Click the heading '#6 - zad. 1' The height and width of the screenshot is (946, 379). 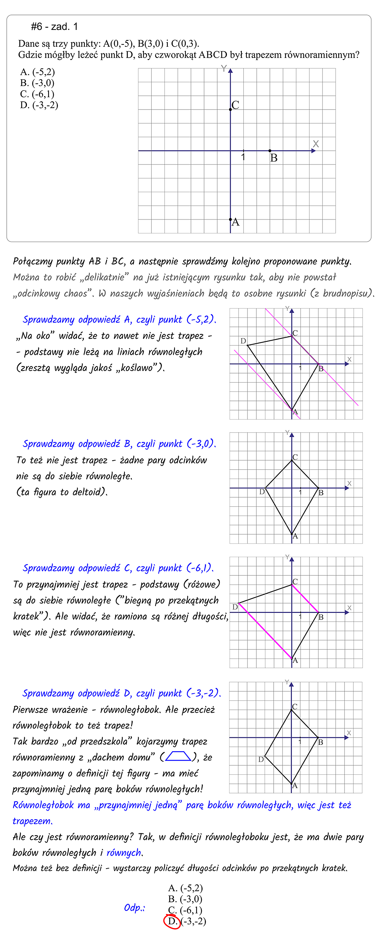(x=54, y=27)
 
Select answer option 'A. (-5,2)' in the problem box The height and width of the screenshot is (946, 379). (x=37, y=72)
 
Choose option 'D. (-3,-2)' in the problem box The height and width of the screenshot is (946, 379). (x=39, y=105)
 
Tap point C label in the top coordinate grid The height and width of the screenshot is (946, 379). (x=235, y=105)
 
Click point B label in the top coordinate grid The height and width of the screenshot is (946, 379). (x=274, y=158)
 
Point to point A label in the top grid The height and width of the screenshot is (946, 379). (x=235, y=222)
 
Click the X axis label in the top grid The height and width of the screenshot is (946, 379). (x=316, y=144)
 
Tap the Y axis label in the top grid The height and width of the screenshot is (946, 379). (x=224, y=68)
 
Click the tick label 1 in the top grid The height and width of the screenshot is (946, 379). (x=243, y=157)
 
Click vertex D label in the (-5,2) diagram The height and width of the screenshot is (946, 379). (x=243, y=341)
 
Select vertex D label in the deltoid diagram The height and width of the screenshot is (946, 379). (x=262, y=492)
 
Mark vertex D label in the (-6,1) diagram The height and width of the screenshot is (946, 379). (x=235, y=607)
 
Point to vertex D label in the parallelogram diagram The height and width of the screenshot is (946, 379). (x=261, y=759)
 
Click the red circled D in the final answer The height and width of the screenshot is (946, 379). (x=172, y=921)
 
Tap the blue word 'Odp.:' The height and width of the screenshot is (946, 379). (x=135, y=907)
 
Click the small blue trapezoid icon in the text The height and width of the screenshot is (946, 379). (x=178, y=756)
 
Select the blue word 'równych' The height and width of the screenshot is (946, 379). (x=124, y=853)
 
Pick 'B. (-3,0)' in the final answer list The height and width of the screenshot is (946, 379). (x=185, y=899)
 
